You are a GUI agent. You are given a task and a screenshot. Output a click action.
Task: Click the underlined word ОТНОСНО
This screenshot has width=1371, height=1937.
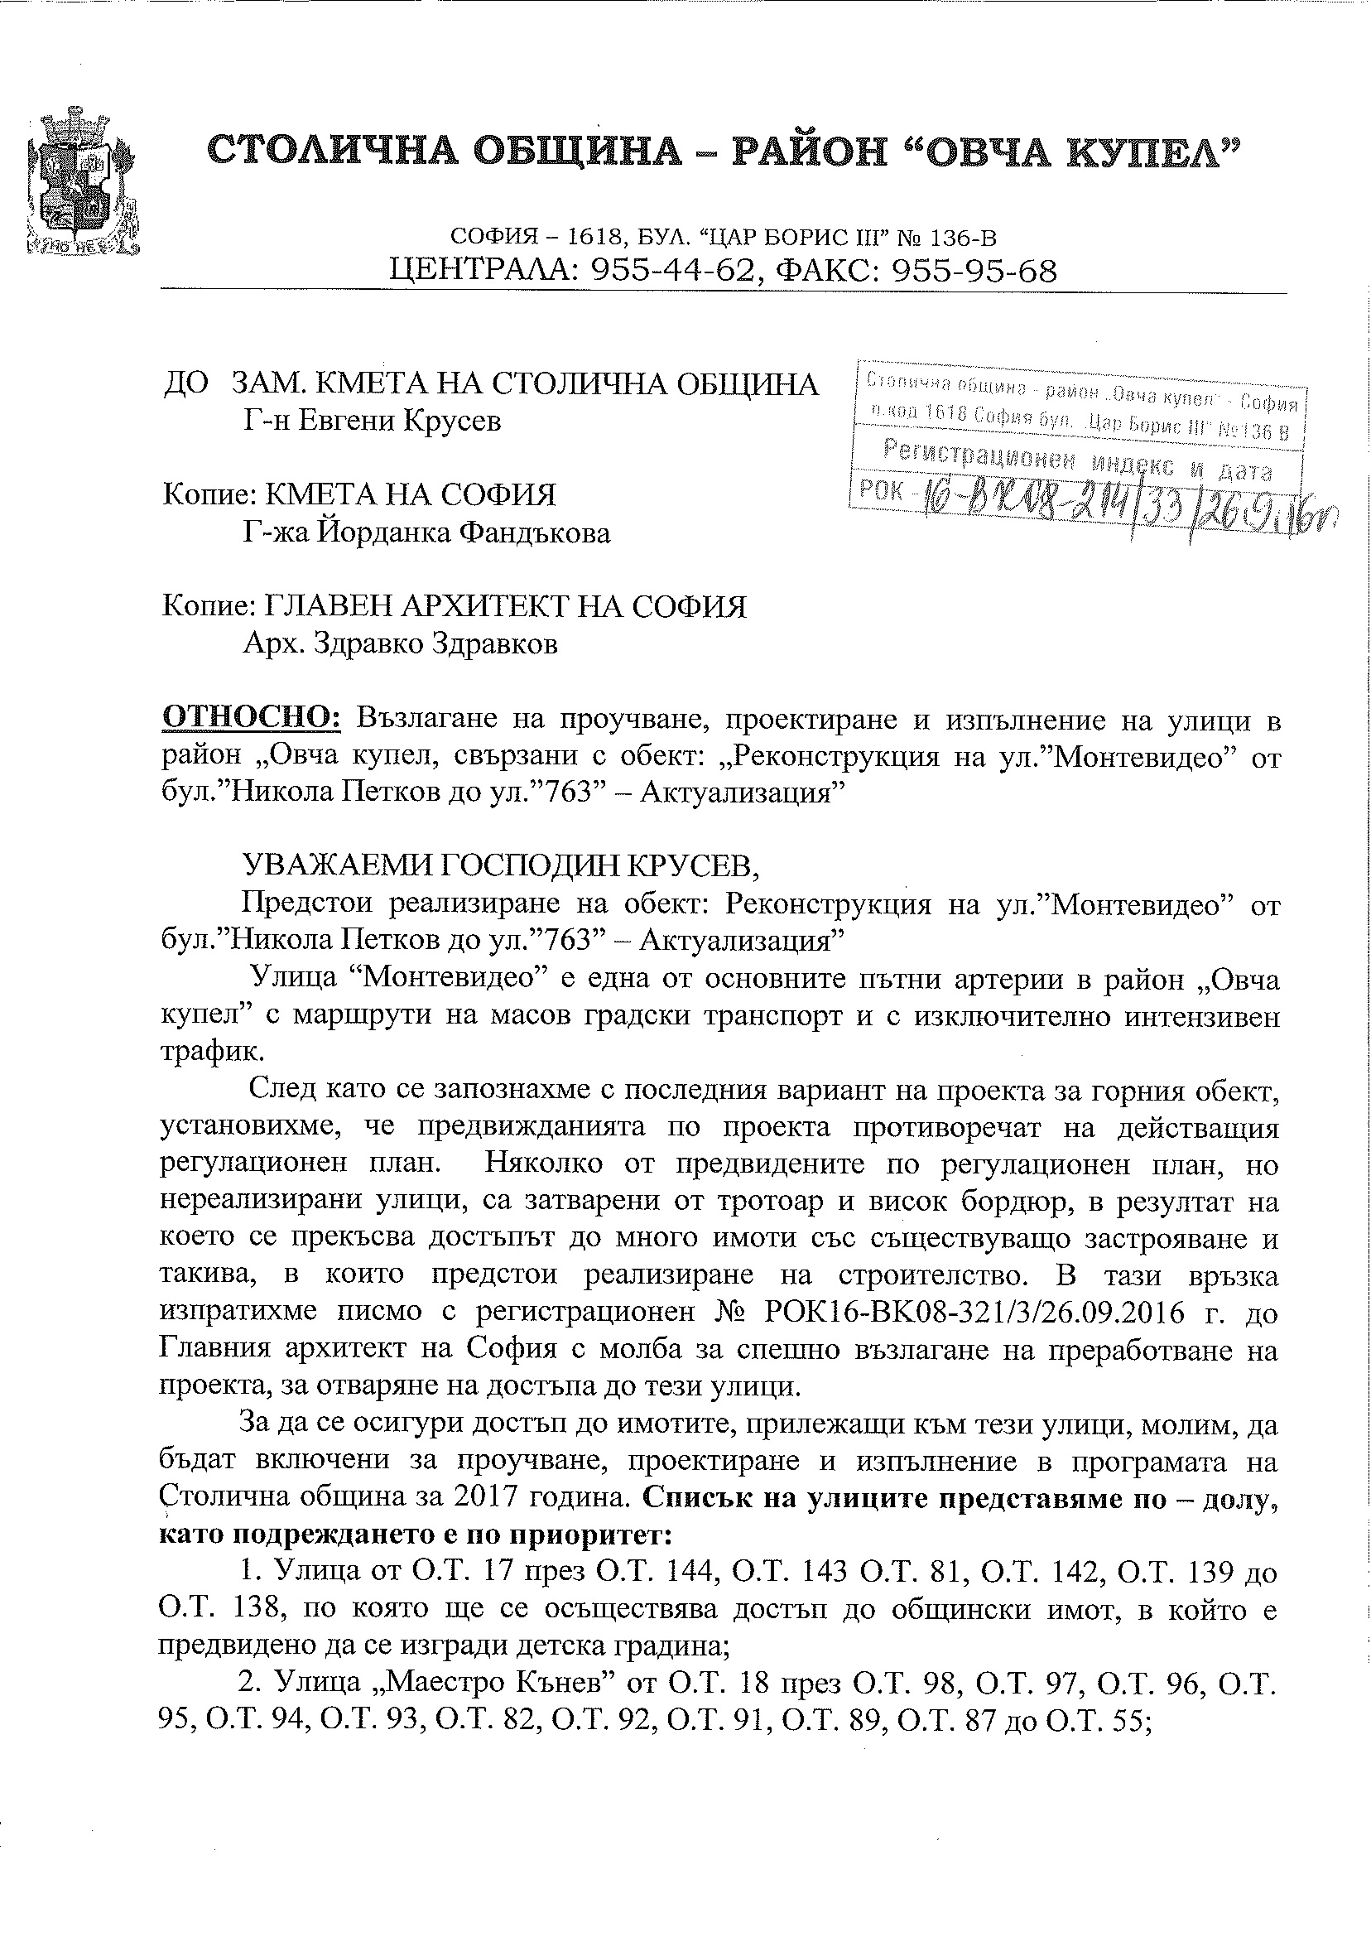[x=251, y=719]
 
